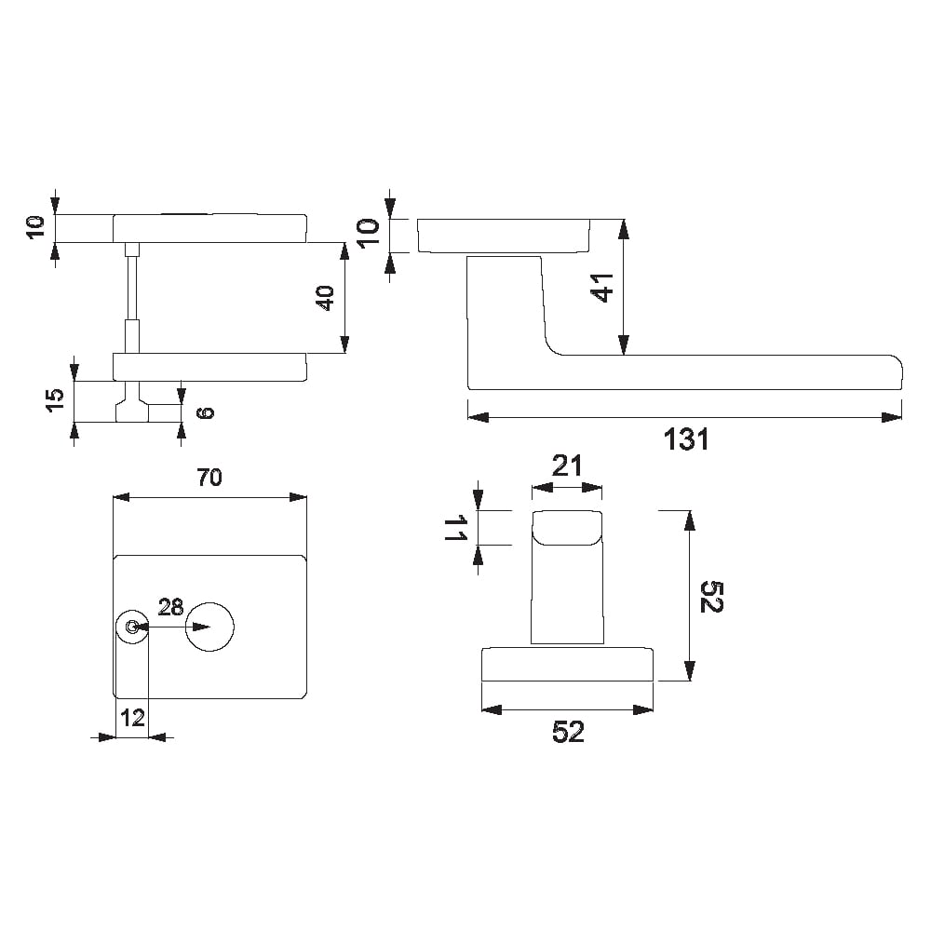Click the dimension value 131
click(686, 439)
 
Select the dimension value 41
click(604, 288)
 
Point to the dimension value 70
click(209, 477)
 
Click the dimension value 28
click(170, 607)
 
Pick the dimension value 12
click(132, 718)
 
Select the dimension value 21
click(567, 466)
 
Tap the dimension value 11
click(455, 528)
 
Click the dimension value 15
click(55, 400)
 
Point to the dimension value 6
click(205, 412)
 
